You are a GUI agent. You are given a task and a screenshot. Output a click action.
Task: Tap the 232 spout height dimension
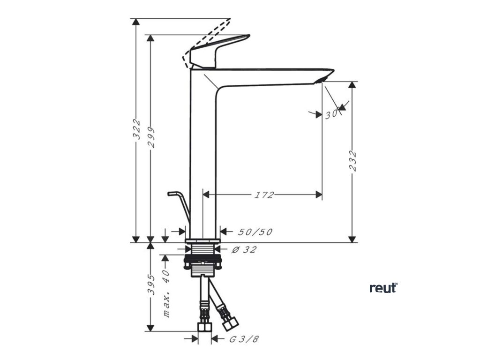[353, 162]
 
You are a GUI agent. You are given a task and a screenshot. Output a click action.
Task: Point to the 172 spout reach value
[264, 195]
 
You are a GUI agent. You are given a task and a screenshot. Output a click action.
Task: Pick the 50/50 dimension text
[255, 232]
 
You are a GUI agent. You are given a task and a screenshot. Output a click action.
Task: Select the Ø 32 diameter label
[244, 249]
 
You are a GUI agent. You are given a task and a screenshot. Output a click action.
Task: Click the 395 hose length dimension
[151, 284]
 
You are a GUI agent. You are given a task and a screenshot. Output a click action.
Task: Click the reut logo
[383, 287]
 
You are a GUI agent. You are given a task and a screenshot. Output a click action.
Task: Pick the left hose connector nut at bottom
[204, 326]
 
